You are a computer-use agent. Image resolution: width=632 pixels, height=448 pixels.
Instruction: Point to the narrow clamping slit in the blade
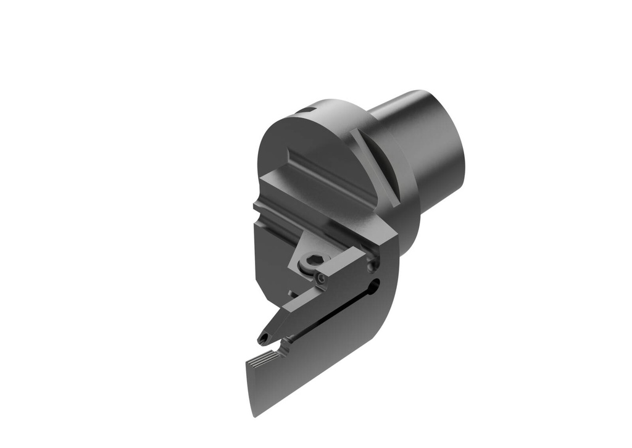[x=333, y=315]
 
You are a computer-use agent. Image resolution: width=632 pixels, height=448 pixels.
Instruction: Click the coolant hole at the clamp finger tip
[x=264, y=338]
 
